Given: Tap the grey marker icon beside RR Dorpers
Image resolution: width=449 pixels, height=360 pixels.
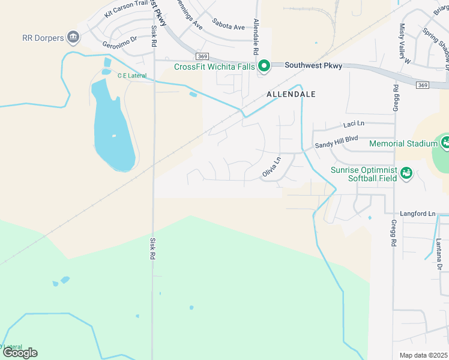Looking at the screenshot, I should click(x=73, y=37).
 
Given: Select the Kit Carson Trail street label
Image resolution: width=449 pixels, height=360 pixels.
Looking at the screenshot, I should click(x=125, y=8).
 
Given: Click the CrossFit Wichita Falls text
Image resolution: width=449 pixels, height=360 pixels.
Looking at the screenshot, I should click(x=214, y=67).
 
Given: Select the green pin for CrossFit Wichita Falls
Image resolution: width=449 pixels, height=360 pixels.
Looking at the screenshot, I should click(x=263, y=66).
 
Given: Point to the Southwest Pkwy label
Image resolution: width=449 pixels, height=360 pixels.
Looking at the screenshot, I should click(x=313, y=65).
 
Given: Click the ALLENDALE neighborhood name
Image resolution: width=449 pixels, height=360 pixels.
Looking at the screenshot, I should click(x=291, y=94).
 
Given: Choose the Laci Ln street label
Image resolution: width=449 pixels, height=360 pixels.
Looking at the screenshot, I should click(x=354, y=124).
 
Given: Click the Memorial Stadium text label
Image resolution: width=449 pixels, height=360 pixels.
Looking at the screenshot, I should click(x=403, y=143).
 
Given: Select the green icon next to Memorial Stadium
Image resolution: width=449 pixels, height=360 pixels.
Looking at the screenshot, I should click(x=445, y=143).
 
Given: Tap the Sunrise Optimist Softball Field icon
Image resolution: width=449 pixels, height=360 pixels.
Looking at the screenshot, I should click(x=406, y=173).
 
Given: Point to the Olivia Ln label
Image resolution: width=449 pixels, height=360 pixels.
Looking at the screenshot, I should click(x=271, y=167).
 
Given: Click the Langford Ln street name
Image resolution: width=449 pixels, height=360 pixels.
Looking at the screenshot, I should click(x=418, y=214).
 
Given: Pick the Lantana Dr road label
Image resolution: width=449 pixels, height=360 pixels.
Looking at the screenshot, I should click(x=439, y=256).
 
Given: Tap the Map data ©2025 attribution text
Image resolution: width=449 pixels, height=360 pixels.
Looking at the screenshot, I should click(x=423, y=355).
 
